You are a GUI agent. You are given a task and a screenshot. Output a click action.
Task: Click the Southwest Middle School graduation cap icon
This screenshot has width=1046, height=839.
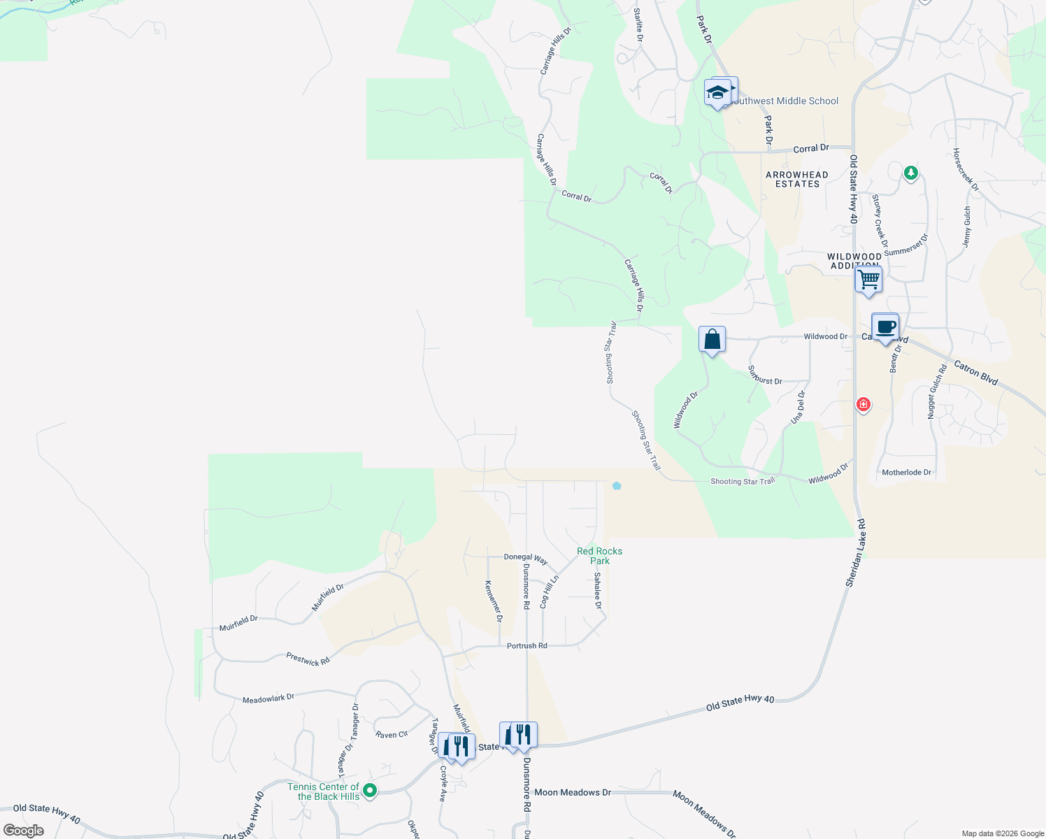coord(717,92)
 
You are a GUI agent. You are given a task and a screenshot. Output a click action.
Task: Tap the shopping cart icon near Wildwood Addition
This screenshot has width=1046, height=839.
coord(868,280)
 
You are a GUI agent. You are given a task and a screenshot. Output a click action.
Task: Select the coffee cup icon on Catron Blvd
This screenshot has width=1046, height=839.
coord(885,327)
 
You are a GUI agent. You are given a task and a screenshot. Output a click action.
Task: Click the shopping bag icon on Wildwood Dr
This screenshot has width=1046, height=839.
coord(712,340)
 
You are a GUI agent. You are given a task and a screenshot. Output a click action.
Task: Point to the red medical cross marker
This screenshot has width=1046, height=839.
coord(864,405)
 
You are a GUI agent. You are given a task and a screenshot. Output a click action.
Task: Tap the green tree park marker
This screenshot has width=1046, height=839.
coord(910,172)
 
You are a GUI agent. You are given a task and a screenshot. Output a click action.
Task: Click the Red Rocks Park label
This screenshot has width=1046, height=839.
coord(599,556)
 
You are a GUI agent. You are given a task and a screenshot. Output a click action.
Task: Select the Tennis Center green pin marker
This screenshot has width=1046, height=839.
coord(371,791)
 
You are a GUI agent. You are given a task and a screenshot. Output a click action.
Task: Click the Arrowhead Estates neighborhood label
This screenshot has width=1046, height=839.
coord(797,180)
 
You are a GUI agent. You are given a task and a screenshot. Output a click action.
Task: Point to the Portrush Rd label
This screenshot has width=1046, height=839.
coord(526,646)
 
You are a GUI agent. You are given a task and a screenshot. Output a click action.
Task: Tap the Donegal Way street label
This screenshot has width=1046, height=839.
coord(526,558)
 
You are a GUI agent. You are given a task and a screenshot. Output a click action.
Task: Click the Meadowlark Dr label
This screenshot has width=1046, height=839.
coord(268,698)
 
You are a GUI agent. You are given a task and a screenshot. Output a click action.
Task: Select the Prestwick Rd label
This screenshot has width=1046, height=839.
coord(308,659)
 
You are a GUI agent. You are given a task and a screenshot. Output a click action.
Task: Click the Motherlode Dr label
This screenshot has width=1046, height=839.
coord(906,473)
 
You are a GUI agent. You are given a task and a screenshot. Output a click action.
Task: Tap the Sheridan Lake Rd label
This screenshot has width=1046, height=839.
coord(856,553)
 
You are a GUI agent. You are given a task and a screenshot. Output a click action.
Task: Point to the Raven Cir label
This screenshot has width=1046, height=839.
coord(392,735)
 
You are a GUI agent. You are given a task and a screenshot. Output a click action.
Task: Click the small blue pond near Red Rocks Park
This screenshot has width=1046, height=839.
coord(616,486)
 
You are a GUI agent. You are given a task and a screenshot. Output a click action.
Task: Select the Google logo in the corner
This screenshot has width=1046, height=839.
coord(24,831)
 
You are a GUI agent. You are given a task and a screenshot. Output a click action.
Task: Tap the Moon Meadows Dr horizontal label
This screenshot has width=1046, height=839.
coord(573,792)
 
